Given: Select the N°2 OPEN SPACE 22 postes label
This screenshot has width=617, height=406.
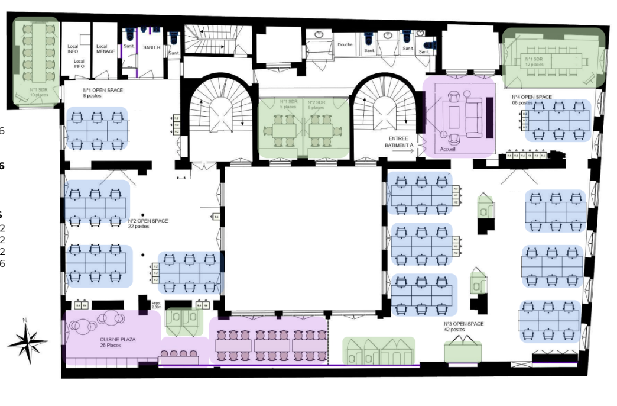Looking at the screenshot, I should pos(148,223).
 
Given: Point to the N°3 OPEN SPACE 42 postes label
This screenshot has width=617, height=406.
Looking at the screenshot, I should pos(463,326).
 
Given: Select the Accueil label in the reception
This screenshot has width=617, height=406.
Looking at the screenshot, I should pos(449,149).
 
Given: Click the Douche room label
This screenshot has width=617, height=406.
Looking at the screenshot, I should pos(345,44).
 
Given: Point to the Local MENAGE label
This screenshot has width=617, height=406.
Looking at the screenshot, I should pos(102,49).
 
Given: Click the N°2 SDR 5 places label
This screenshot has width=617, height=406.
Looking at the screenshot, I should pos(316,104).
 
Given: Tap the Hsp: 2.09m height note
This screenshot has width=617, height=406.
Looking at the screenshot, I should pos(157,305).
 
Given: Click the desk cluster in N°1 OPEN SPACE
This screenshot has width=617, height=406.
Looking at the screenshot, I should pos(98,128).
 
